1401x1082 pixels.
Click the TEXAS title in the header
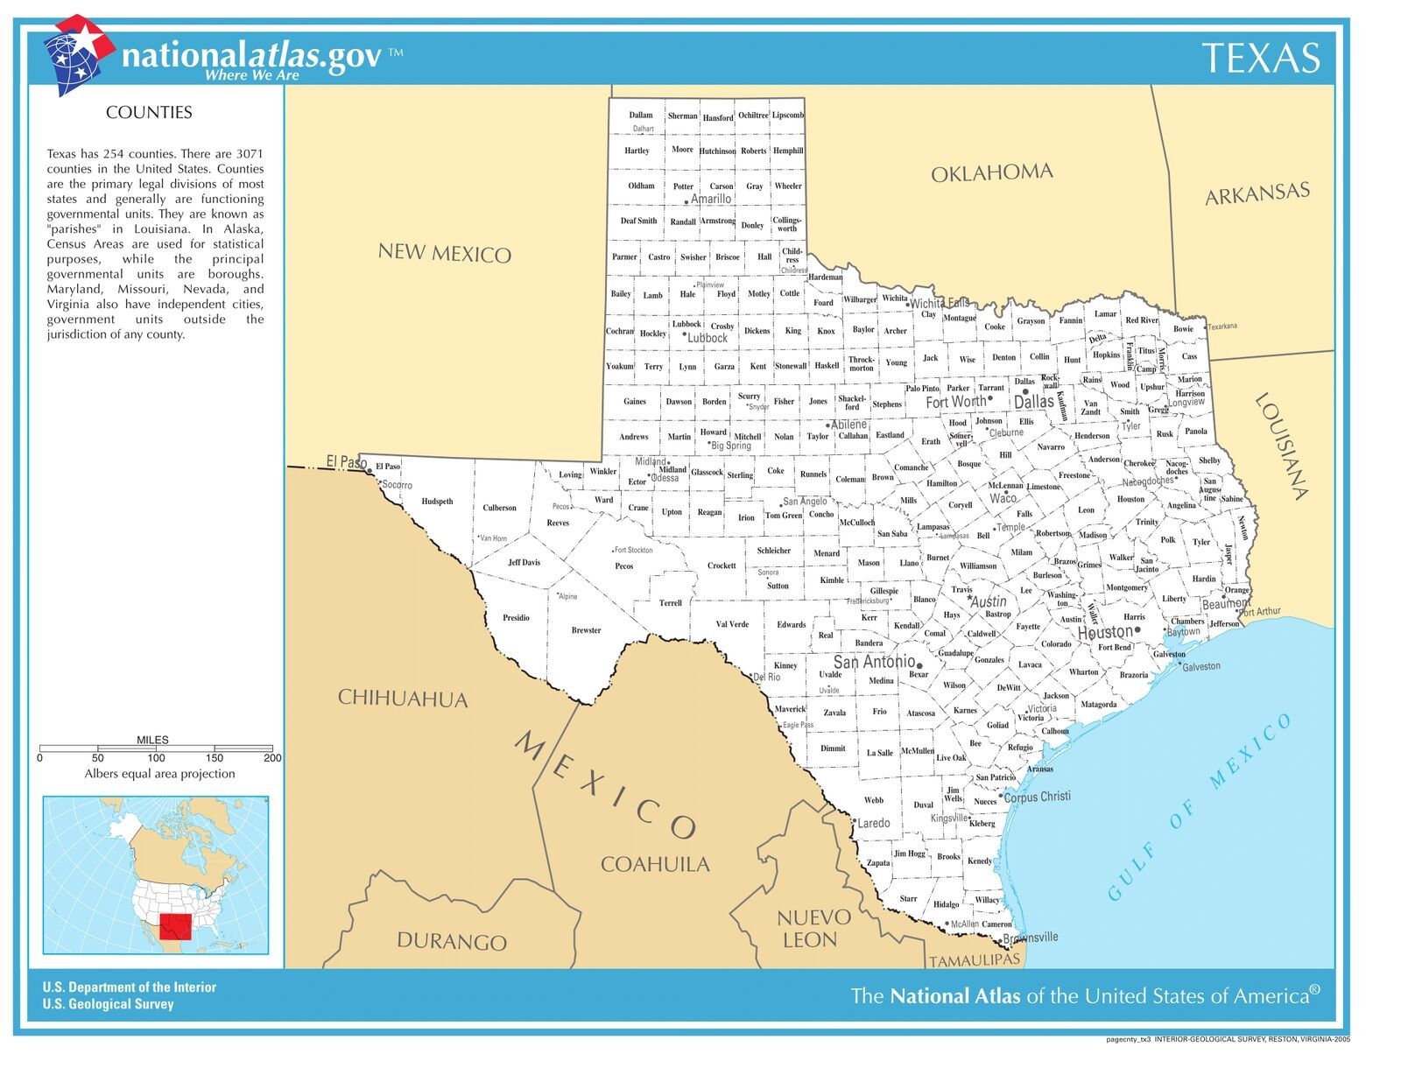tap(1260, 58)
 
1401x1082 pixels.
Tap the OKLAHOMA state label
tap(991, 172)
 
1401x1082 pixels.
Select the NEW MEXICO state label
tap(444, 254)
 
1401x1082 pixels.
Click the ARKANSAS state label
tap(1257, 193)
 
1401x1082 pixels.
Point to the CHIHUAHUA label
tap(403, 699)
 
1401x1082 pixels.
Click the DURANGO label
tap(451, 941)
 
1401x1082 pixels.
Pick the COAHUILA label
tap(655, 864)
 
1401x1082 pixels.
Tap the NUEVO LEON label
tap(813, 928)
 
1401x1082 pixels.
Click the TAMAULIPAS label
tap(974, 960)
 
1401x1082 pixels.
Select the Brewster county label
tap(586, 630)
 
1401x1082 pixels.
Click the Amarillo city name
tap(710, 200)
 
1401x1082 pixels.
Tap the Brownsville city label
tap(1030, 938)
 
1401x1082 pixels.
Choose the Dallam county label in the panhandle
tap(640, 116)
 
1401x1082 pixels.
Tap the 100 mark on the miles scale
tap(156, 758)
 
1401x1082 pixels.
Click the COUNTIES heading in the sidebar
tap(149, 112)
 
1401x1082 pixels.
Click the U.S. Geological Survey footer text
tap(108, 1004)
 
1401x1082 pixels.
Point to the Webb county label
tap(873, 800)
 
